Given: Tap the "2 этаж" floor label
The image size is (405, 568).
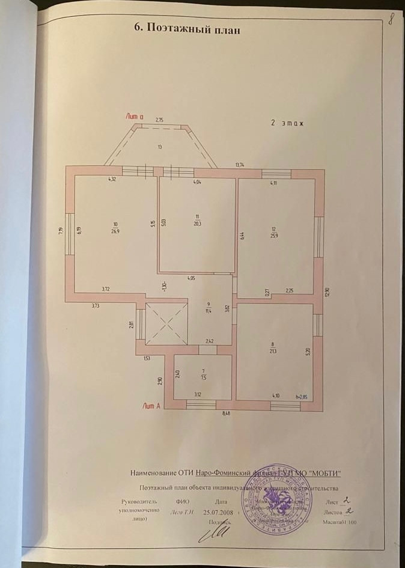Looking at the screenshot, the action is click(287, 123).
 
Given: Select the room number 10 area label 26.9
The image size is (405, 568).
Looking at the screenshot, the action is click(114, 227).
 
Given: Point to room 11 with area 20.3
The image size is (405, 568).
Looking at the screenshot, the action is click(196, 219).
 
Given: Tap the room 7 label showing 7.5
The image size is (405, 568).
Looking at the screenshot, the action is click(204, 374).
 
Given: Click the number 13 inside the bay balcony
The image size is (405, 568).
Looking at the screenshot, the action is click(160, 147).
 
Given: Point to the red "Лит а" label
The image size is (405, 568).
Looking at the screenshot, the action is click(135, 116).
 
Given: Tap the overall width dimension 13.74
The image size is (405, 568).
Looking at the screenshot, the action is click(240, 164).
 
